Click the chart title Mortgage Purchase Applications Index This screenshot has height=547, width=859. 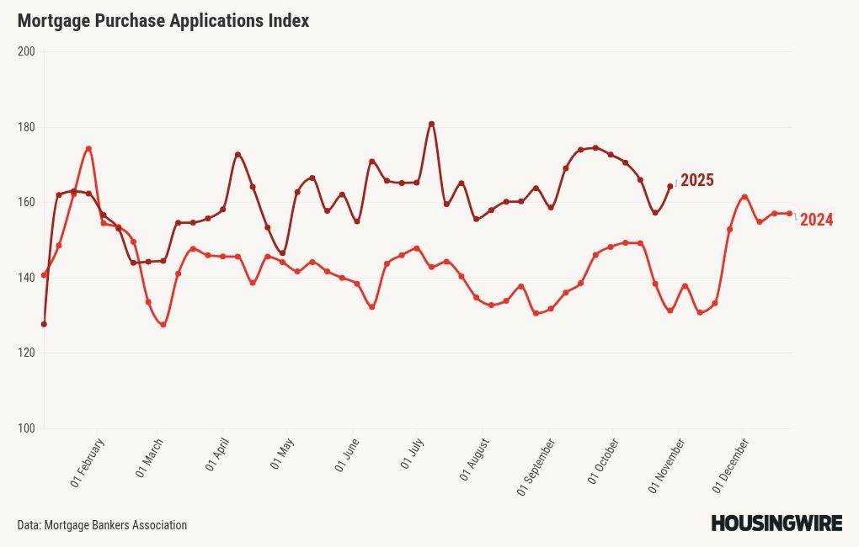click(x=163, y=21)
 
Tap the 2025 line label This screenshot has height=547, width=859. click(x=696, y=180)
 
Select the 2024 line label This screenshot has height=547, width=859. click(x=816, y=220)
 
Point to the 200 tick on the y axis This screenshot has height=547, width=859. click(x=26, y=52)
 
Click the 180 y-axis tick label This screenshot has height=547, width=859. click(x=26, y=127)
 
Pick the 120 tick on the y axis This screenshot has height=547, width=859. click(x=26, y=353)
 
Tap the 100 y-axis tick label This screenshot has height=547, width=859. click(x=26, y=429)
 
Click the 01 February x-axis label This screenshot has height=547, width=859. click(x=88, y=463)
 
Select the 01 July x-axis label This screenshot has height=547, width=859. click(x=410, y=454)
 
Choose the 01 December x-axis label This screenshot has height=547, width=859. click(x=731, y=465)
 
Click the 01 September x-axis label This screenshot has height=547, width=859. click(x=536, y=467)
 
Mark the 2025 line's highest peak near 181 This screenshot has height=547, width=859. click(x=431, y=124)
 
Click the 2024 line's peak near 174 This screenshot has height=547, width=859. click(x=88, y=149)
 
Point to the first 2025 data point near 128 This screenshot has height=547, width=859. click(x=44, y=324)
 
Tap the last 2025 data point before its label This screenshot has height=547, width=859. click(x=670, y=187)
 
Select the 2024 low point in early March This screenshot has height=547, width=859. click(x=163, y=325)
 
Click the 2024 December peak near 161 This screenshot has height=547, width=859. click(x=744, y=197)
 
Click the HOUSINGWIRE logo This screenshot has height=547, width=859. click(x=776, y=523)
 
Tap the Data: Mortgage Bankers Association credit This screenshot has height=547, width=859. click(x=102, y=525)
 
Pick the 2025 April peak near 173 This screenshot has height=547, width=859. click(x=237, y=155)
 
